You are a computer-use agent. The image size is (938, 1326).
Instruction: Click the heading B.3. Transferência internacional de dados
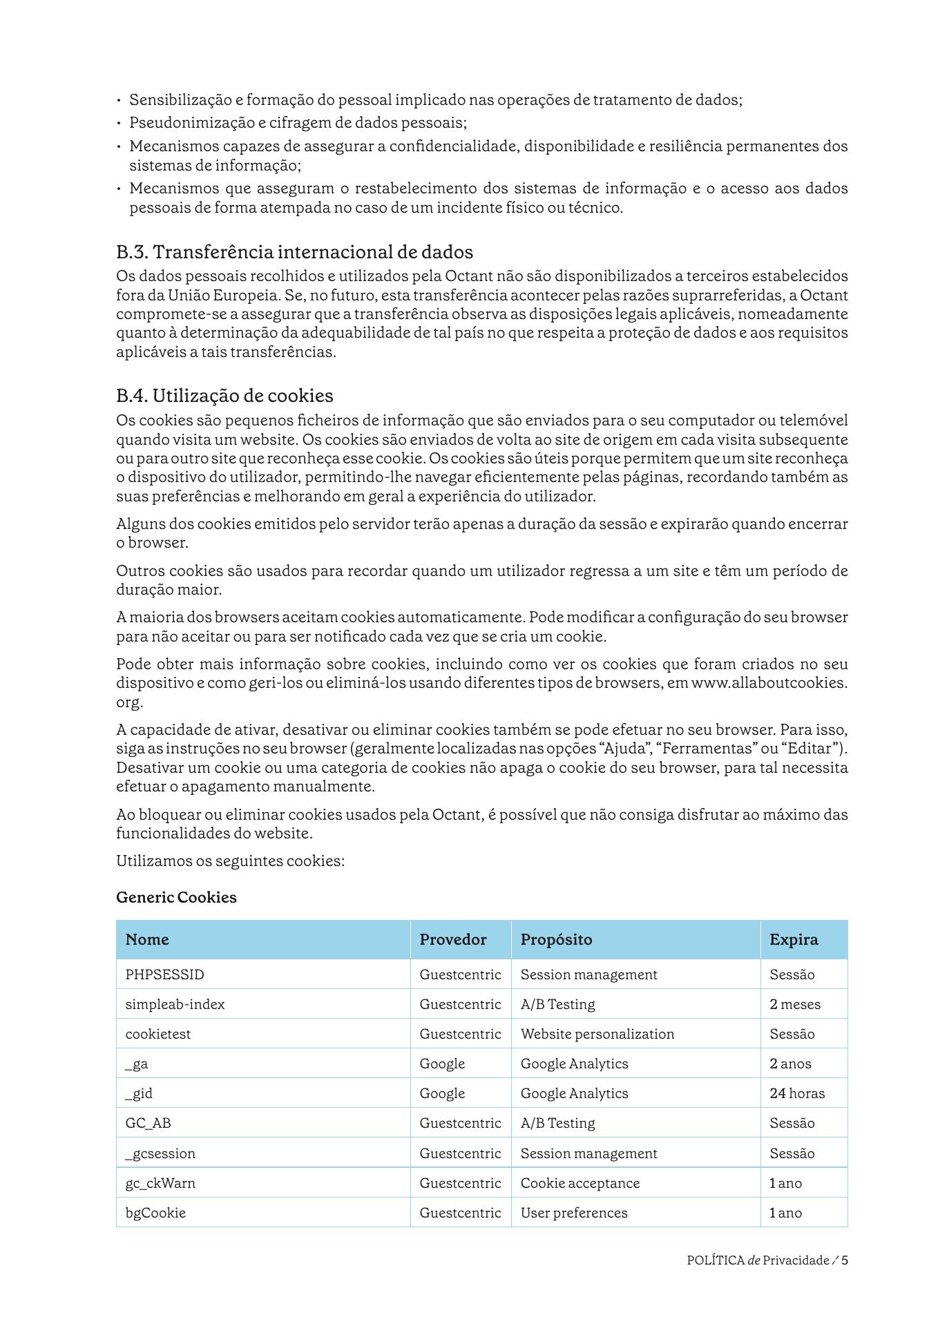[x=294, y=252]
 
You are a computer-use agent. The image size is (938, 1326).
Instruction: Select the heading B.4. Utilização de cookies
[x=224, y=396]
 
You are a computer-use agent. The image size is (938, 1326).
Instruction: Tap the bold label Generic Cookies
[x=176, y=897]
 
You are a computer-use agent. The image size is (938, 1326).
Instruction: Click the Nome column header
[x=147, y=939]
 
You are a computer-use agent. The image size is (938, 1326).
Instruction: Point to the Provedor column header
[x=453, y=939]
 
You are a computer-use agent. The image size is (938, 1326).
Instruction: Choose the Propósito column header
[x=556, y=939]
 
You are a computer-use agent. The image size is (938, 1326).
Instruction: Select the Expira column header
[x=794, y=939]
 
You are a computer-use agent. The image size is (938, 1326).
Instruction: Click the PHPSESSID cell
[x=164, y=974]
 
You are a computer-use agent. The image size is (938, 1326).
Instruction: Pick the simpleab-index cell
[x=175, y=1004]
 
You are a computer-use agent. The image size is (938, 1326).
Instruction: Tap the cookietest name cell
[x=157, y=1034]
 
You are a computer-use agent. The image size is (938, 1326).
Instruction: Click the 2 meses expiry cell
[x=795, y=1004]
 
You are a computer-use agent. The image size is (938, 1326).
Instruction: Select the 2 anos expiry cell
[x=790, y=1064]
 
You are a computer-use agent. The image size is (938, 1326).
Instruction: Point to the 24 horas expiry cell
[x=797, y=1093]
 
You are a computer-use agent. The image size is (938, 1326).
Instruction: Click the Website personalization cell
[x=597, y=1034]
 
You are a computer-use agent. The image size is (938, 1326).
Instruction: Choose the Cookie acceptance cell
[x=580, y=1183]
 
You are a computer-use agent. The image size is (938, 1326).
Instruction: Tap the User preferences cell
[x=574, y=1213]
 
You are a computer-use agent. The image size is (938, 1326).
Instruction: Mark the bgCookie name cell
[x=155, y=1213]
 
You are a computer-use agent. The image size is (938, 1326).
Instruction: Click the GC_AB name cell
[x=148, y=1123]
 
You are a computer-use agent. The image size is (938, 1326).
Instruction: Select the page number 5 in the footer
[x=845, y=1260]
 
